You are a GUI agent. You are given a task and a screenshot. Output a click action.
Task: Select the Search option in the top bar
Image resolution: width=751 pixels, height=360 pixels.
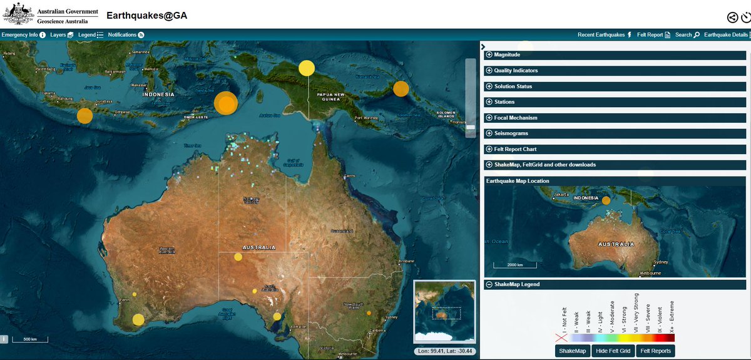(687, 35)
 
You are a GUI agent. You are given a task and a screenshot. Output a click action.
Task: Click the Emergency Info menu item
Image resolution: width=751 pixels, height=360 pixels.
(23, 35)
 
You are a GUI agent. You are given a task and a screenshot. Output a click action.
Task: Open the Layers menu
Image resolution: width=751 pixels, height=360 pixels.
(62, 35)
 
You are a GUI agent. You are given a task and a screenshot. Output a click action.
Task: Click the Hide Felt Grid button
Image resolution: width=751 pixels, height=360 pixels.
(613, 351)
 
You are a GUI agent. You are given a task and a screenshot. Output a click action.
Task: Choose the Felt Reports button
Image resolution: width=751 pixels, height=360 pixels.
(655, 351)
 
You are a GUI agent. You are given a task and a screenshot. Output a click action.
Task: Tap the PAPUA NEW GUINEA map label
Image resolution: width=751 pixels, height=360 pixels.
(330, 96)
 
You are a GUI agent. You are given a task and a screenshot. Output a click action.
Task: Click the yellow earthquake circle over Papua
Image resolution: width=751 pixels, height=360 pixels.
(306, 68)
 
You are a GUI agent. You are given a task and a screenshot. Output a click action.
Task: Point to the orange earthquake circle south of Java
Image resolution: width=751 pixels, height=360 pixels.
(84, 116)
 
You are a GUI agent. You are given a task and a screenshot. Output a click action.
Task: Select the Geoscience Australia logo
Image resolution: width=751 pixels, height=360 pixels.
(50, 14)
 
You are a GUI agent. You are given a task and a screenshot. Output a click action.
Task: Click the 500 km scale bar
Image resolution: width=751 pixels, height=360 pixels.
(30, 339)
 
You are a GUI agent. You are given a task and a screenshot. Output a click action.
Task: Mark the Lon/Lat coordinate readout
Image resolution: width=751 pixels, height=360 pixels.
(446, 351)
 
